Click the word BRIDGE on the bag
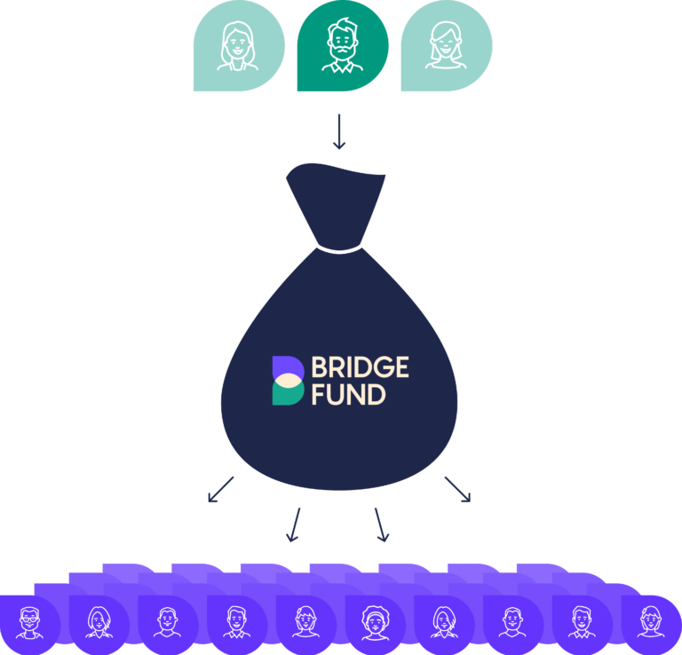(x=359, y=367)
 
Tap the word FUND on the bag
(x=348, y=395)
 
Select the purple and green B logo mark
(x=288, y=381)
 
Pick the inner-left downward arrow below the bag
(x=294, y=525)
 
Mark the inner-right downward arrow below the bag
(x=381, y=525)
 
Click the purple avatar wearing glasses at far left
(x=28, y=620)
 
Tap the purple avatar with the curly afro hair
(x=374, y=620)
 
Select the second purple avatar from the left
(x=98, y=620)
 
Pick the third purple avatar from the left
(x=167, y=620)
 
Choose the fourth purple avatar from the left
(x=236, y=620)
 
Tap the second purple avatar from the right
(x=582, y=620)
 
